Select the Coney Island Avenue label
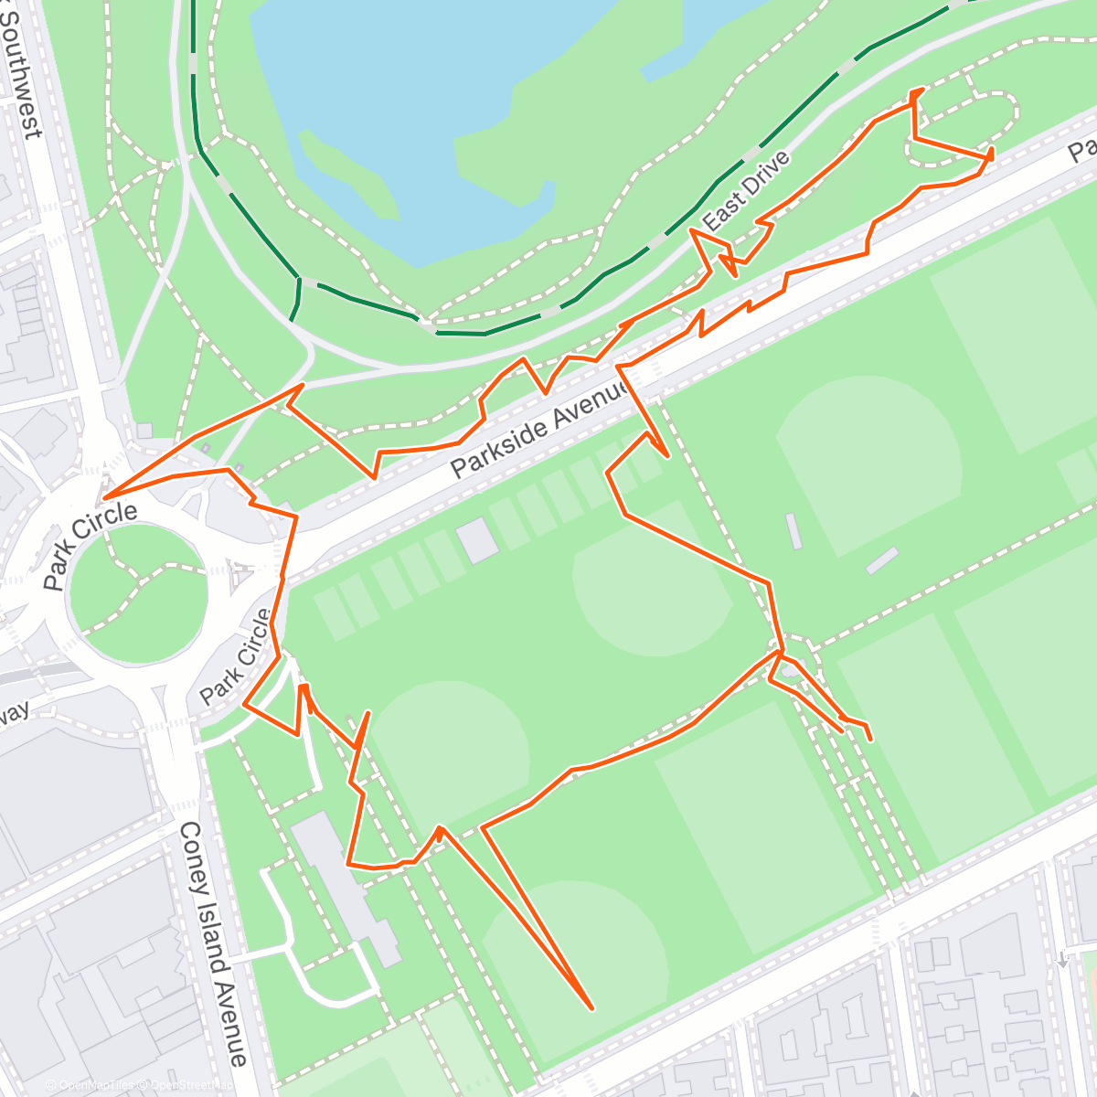213,943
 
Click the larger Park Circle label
91,546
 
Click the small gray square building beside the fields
478,540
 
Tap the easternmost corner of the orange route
992,158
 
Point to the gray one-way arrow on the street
1062,960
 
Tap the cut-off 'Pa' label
1084,149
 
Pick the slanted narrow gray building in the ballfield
882,560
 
